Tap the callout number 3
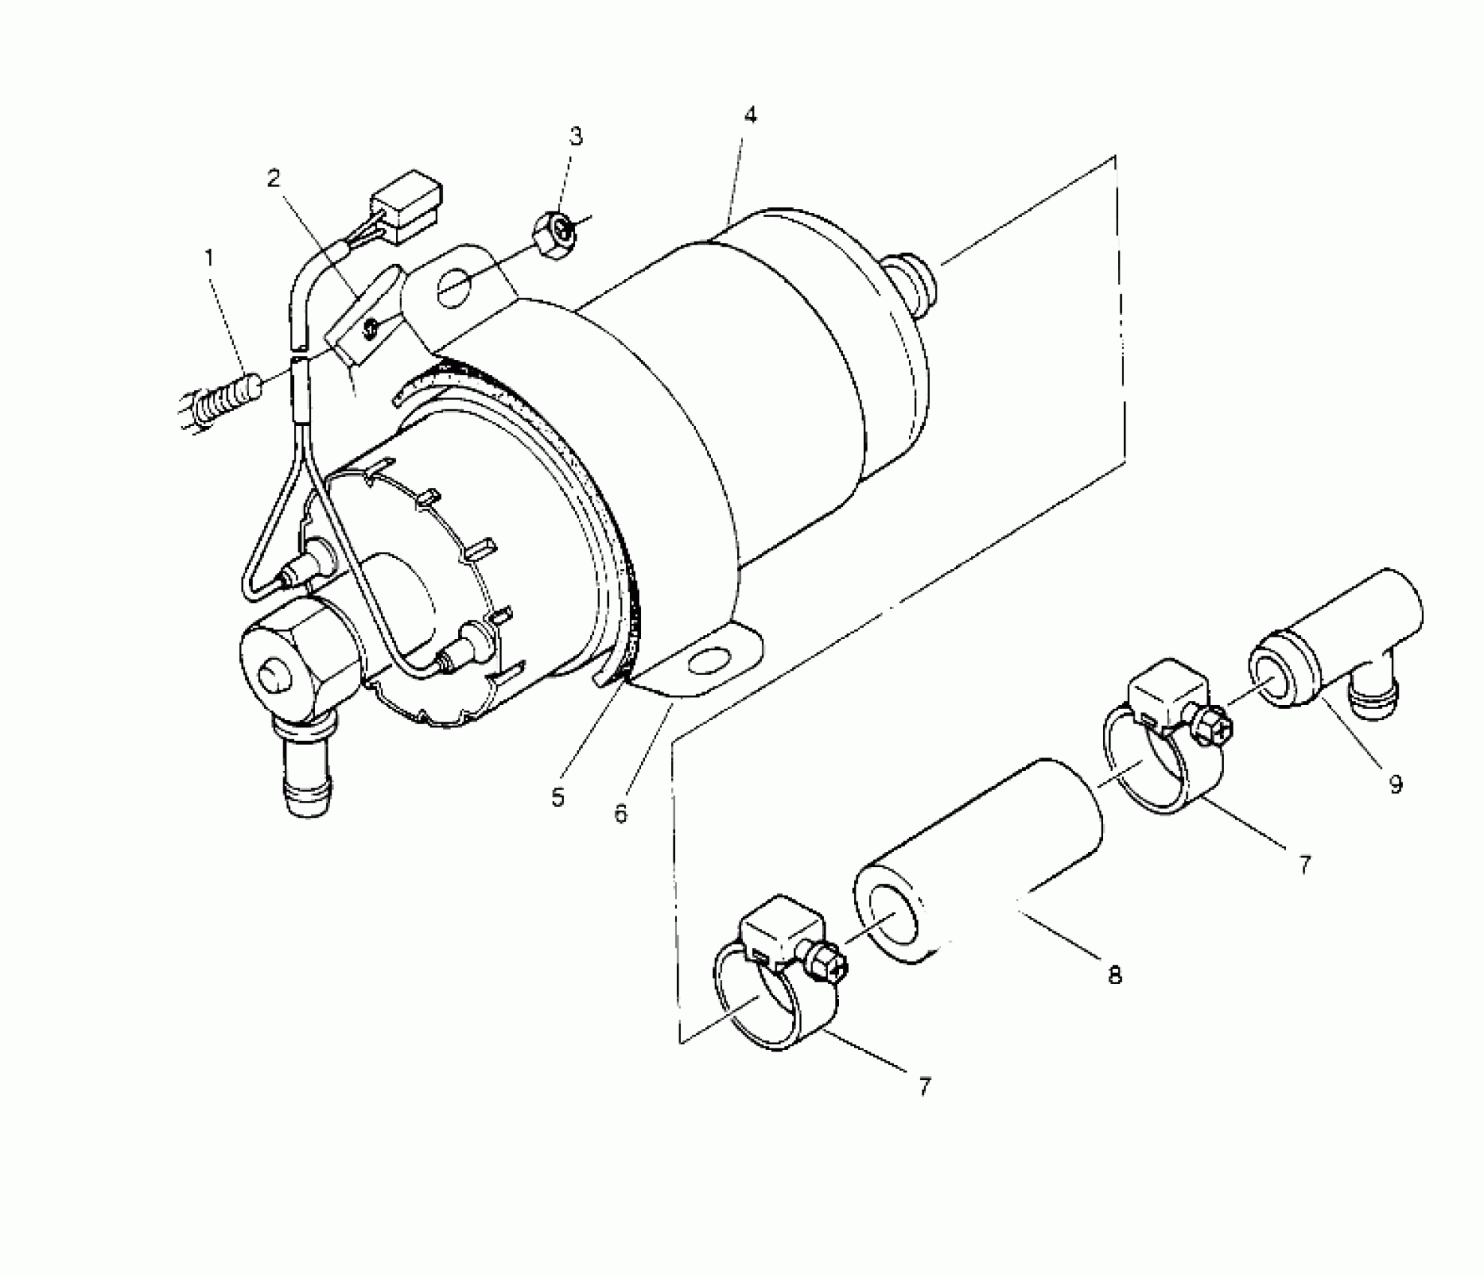pos(575,136)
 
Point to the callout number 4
pos(750,115)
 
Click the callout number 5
pos(557,797)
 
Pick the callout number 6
pos(621,813)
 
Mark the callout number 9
pos(1395,784)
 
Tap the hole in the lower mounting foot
pos(707,661)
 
